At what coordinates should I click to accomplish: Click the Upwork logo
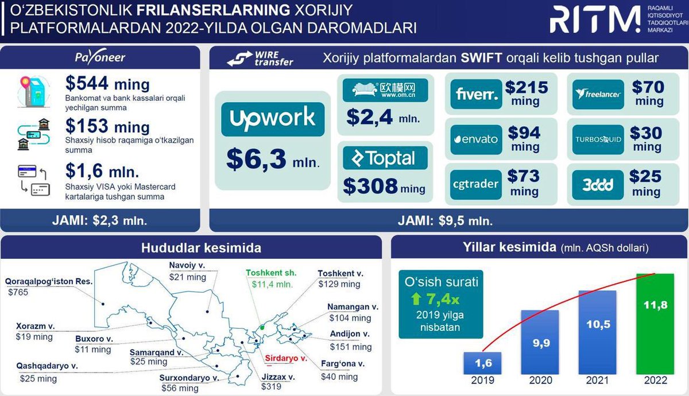click(273, 119)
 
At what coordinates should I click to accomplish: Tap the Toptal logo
click(385, 158)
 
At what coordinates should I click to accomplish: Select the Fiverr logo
click(476, 94)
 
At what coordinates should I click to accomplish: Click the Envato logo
click(476, 139)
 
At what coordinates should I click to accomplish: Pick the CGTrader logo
click(476, 184)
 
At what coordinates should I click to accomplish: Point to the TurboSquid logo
click(598, 139)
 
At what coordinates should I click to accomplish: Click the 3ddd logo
click(598, 185)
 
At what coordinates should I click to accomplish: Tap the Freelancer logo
click(598, 94)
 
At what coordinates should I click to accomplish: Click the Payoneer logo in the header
click(100, 57)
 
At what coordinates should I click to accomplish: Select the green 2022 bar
click(655, 324)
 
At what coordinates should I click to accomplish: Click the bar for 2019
click(482, 363)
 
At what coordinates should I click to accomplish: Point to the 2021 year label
click(597, 381)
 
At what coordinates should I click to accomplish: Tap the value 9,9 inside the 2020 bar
click(541, 343)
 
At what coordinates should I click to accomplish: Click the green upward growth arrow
click(416, 298)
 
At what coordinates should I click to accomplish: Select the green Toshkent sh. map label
click(271, 273)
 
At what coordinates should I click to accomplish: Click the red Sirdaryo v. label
click(286, 358)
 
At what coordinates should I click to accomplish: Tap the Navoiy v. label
click(187, 265)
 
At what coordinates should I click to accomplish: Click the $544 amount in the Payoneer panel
click(87, 83)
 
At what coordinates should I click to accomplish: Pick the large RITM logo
click(595, 20)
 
